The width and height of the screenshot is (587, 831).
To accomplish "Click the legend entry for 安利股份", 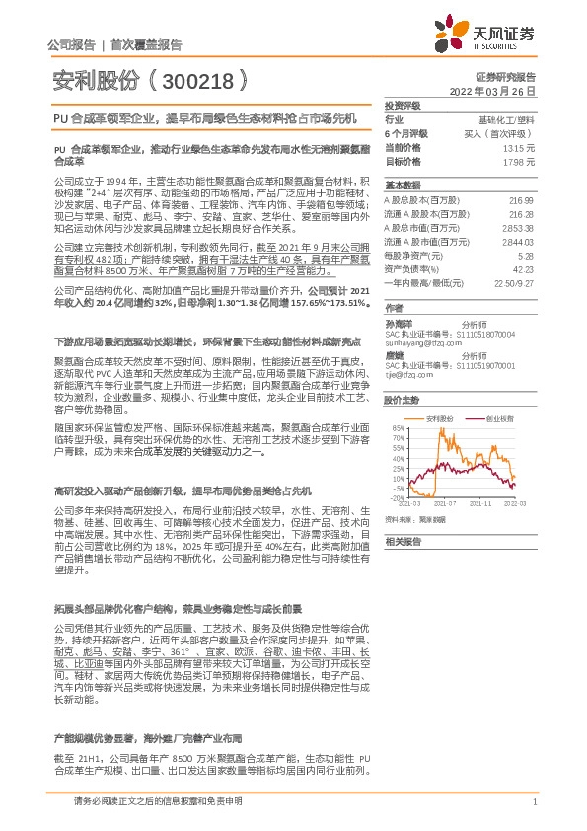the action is (x=440, y=418).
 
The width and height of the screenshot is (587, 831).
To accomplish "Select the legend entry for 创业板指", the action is (x=499, y=418).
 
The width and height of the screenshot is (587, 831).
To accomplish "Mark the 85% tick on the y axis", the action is (x=398, y=427).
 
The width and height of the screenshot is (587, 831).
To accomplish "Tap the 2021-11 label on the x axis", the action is (x=479, y=502).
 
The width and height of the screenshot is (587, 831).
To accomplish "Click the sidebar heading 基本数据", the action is (x=399, y=186).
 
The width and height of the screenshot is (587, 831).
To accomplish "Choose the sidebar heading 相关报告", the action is (x=399, y=541).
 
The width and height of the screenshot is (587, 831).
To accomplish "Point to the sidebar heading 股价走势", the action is (x=399, y=400).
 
